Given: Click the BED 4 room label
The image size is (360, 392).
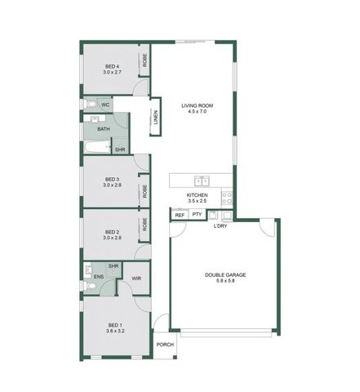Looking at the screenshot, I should pos(112,66).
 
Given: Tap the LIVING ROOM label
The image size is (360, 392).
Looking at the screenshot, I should pos(197,104).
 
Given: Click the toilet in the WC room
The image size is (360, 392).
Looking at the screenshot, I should pos(88,106).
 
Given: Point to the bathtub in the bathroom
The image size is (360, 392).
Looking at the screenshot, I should pos(96,149).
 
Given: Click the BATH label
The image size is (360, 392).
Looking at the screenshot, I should pos(104,129).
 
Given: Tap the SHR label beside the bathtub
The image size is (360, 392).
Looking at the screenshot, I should pos(120,149).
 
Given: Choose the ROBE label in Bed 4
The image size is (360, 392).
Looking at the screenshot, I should pos(144,60).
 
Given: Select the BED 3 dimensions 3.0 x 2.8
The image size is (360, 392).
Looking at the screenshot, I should pos(112,185).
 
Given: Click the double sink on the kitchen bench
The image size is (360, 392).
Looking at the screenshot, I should pos(200,180).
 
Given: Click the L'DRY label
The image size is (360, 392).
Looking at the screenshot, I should pos(220,226).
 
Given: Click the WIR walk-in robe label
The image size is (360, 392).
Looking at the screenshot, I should pos(136,278).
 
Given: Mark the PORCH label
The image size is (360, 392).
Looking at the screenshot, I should pos(166,345).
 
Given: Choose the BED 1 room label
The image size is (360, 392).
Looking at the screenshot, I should pos(114,324).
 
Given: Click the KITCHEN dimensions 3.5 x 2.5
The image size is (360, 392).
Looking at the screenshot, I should pos(198,202).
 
